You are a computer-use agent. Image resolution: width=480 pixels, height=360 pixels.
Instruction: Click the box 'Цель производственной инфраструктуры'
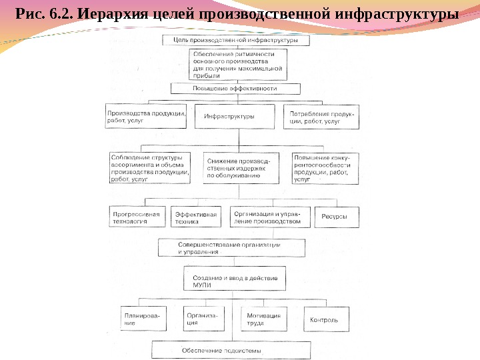tap(236, 40)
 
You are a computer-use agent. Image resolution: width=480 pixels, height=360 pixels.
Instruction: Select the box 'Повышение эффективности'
tap(235, 88)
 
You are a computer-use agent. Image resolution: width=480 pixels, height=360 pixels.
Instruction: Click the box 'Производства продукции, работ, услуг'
tap(146, 117)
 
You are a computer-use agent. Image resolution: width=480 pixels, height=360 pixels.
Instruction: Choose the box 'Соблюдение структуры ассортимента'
tap(150, 168)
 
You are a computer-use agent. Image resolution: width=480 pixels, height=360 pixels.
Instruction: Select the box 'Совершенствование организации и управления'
tap(231, 248)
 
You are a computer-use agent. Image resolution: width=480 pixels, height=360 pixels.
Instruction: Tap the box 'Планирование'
tap(142, 319)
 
